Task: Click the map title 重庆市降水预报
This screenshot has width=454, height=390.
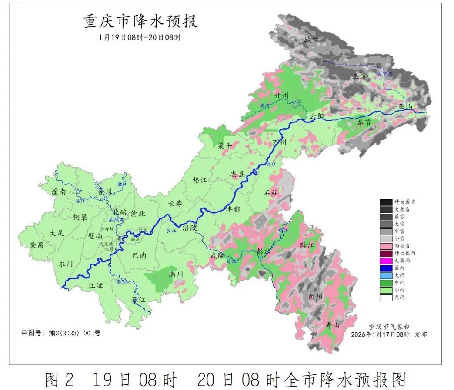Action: click(x=140, y=21)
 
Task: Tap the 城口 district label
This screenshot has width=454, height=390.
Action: click(x=311, y=40)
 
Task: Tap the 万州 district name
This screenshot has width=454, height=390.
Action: click(x=280, y=142)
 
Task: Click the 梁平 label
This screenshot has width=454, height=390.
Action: click(x=226, y=145)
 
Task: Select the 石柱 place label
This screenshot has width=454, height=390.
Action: click(x=271, y=192)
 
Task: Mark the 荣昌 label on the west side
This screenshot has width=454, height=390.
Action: click(x=37, y=245)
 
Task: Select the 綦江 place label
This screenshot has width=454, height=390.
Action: click(x=139, y=300)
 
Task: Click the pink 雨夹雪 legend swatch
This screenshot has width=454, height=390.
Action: click(x=386, y=245)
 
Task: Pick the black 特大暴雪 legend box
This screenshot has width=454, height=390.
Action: click(x=386, y=202)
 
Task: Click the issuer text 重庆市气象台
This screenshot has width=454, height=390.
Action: click(x=389, y=326)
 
